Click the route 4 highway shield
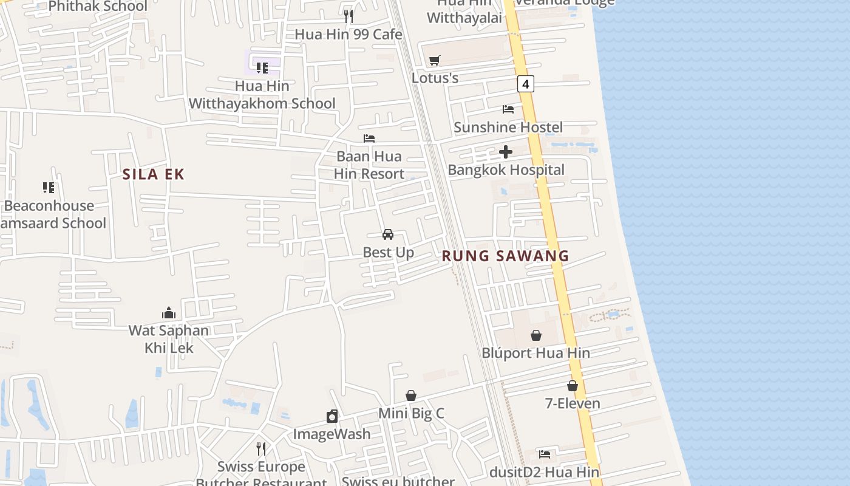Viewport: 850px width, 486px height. click(526, 84)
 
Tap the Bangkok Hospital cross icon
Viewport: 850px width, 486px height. click(506, 152)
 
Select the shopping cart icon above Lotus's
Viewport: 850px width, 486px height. click(435, 60)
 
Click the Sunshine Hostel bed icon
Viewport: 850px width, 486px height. click(508, 109)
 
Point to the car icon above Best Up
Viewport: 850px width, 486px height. click(388, 234)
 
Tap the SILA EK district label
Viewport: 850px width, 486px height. click(153, 174)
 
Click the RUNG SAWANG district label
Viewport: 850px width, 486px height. click(505, 256)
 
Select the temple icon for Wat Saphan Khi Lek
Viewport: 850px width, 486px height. click(169, 313)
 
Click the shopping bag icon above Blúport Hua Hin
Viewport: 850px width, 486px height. click(536, 335)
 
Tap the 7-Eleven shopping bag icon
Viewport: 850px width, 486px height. click(572, 386)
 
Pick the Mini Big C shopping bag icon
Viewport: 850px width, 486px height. click(411, 395)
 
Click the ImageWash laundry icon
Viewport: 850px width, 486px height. click(332, 416)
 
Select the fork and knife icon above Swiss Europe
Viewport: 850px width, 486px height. click(261, 449)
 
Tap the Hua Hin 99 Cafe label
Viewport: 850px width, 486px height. click(348, 34)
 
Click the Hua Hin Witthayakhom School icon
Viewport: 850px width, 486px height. click(262, 68)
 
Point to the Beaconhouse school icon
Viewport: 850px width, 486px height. click(49, 188)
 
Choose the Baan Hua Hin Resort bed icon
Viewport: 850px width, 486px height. click(369, 139)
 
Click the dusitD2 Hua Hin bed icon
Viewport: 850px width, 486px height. click(545, 454)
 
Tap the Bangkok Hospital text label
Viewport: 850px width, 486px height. click(506, 169)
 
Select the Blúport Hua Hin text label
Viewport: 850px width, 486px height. click(535, 353)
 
